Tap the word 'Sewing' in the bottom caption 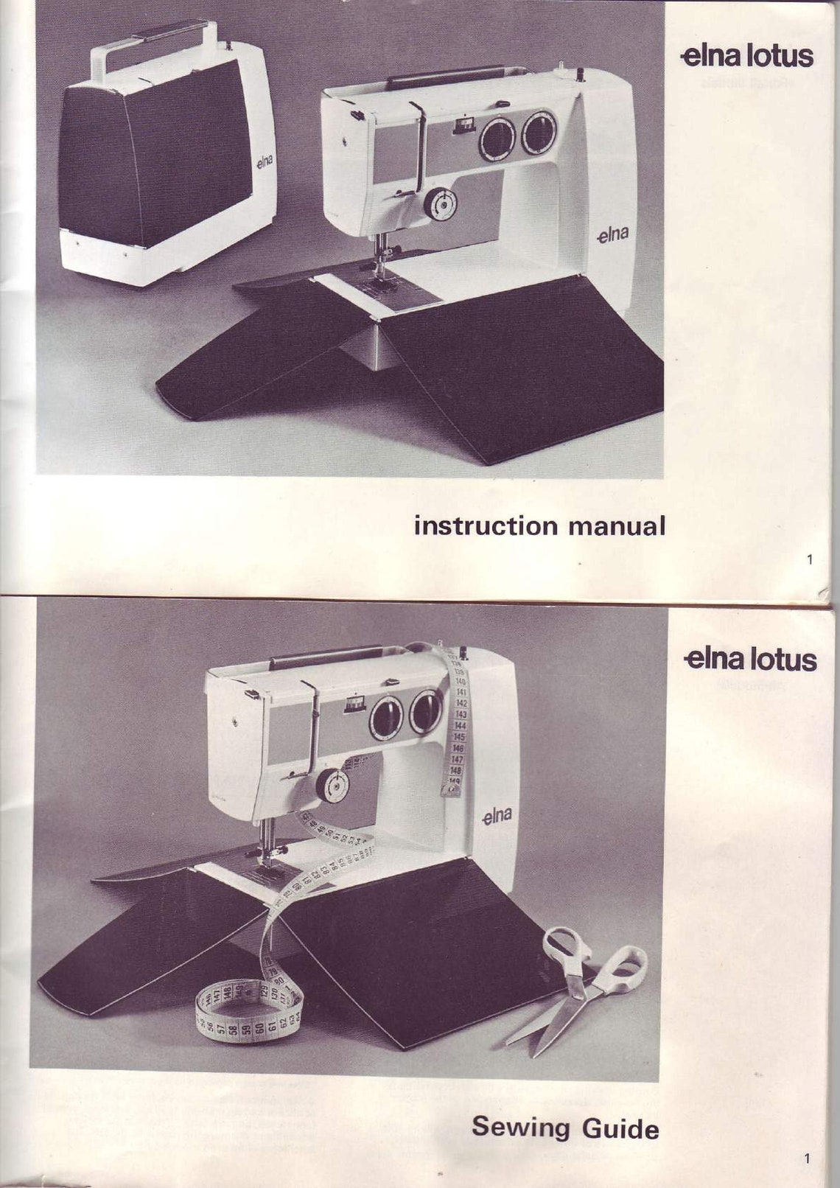pos(520,1127)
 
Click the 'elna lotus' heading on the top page pos(747,57)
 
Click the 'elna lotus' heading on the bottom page pos(749,659)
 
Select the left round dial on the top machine pos(497,138)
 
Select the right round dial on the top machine pos(540,133)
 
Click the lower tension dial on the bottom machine pos(333,786)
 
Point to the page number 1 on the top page pos(810,559)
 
